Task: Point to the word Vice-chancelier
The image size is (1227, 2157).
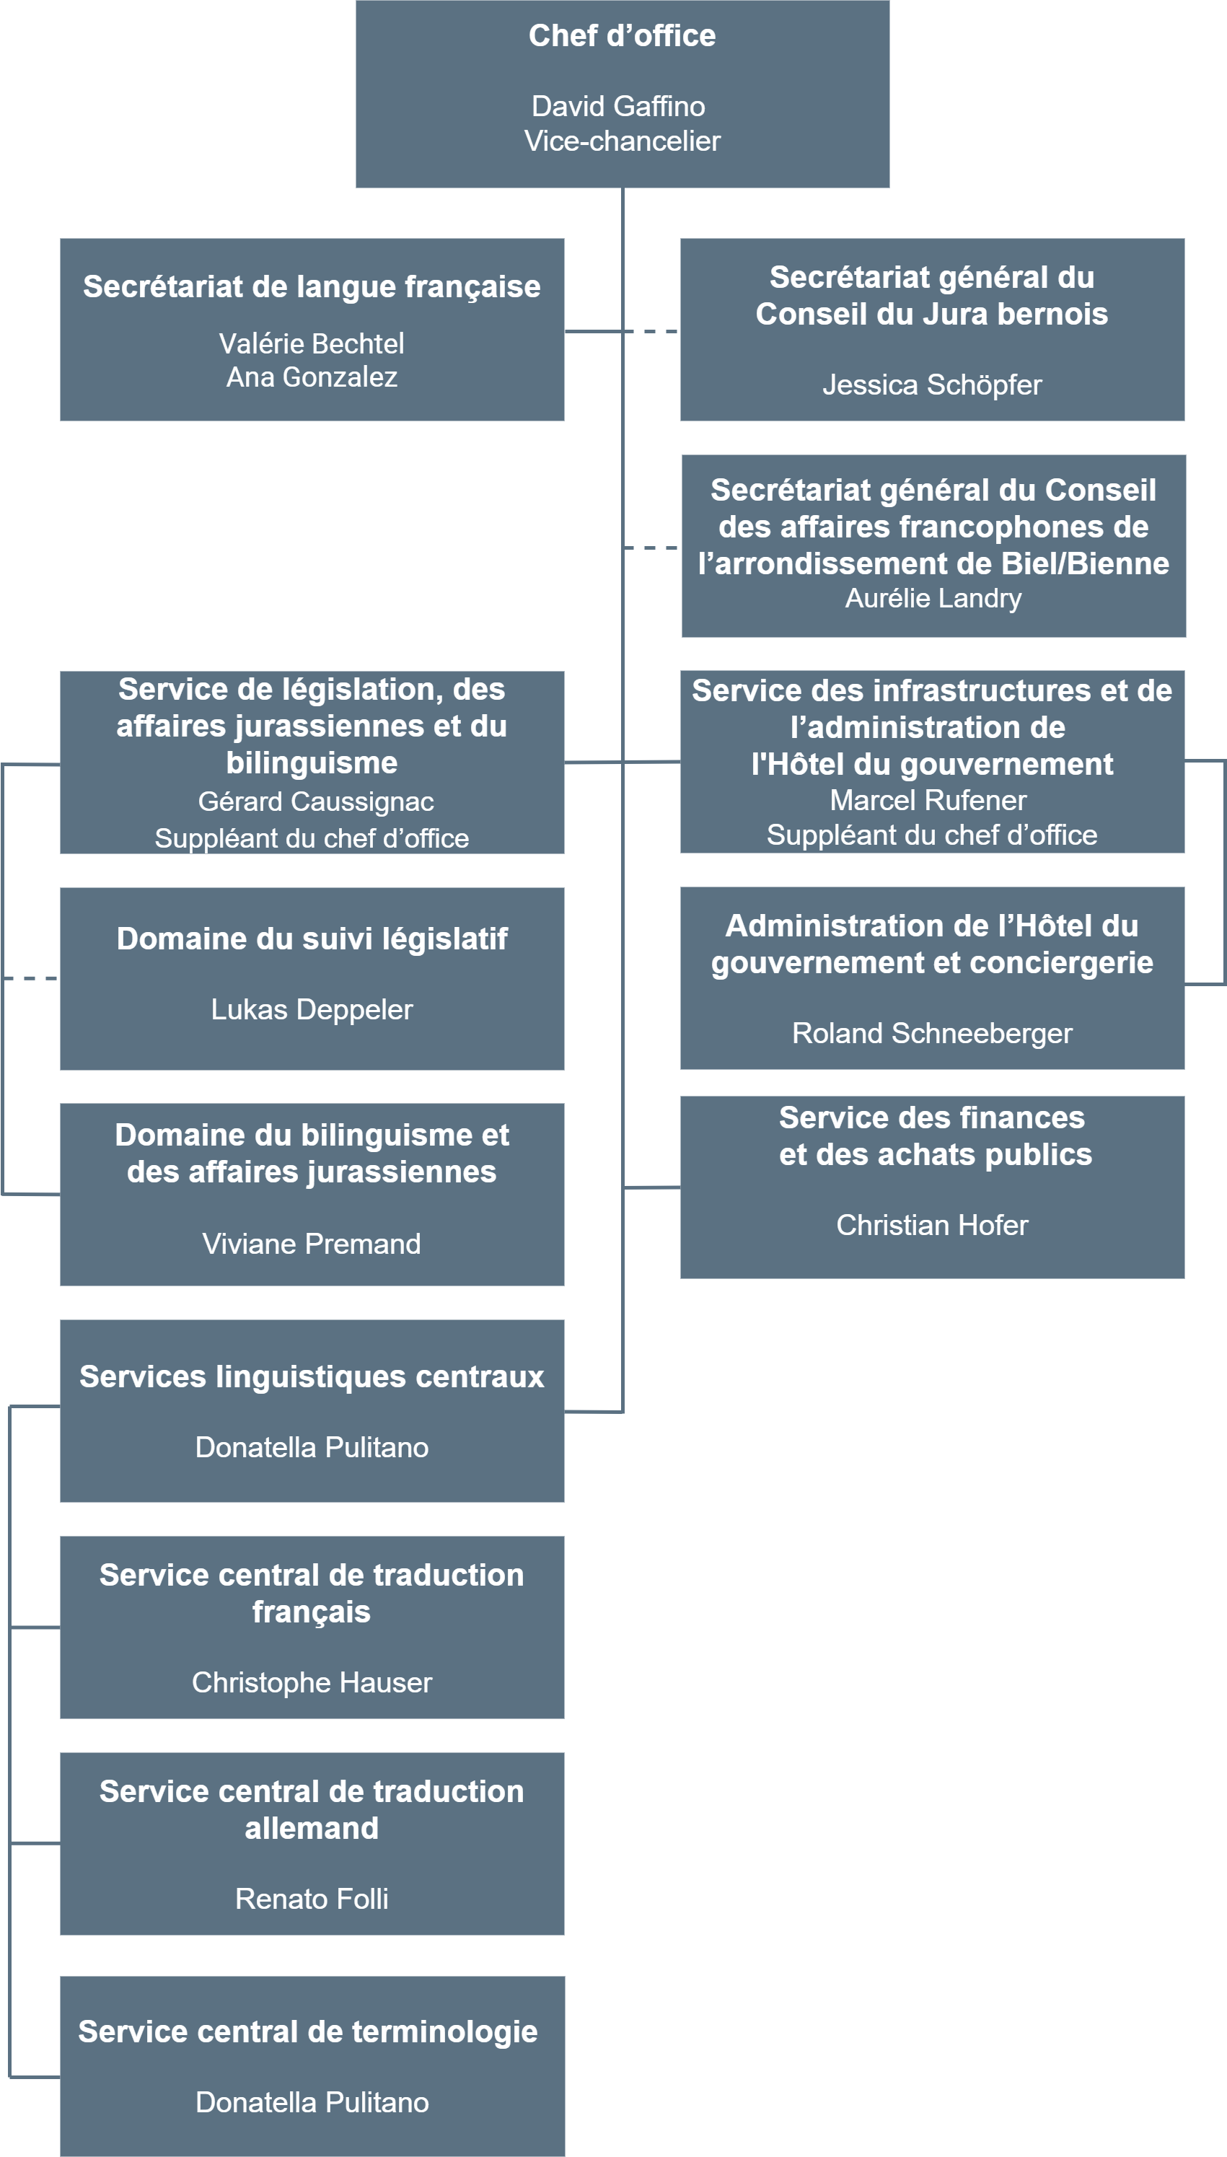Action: [x=622, y=141]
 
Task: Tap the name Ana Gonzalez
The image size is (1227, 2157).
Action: [x=312, y=377]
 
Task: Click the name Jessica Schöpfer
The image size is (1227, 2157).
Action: [x=932, y=385]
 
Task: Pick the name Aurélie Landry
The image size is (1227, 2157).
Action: [x=933, y=598]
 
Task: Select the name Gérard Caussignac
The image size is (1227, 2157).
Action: [x=316, y=801]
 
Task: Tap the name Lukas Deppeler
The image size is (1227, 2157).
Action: [x=312, y=1009]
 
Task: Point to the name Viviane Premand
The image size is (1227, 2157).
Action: [x=311, y=1244]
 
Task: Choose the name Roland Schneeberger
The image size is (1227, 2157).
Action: [x=932, y=1033]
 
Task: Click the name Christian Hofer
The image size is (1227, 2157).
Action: [x=932, y=1225]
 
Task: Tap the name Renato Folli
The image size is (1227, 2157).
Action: [x=312, y=1899]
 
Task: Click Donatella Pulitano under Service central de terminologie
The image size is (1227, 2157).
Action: [x=312, y=2103]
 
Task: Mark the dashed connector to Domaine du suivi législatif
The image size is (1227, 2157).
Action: [x=30, y=978]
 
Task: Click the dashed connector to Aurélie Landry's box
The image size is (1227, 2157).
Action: [x=651, y=548]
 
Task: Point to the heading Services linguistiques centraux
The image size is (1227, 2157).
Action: [x=312, y=1376]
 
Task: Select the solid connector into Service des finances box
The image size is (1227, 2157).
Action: [x=651, y=1187]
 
